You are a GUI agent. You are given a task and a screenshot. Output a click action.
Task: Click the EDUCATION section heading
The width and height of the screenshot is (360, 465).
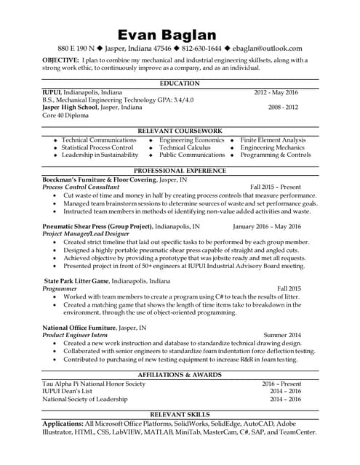[x=180, y=84]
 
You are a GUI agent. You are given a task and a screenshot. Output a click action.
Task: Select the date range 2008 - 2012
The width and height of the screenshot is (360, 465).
[x=283, y=107]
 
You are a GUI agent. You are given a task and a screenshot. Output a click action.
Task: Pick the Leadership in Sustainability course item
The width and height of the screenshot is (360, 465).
[x=100, y=155]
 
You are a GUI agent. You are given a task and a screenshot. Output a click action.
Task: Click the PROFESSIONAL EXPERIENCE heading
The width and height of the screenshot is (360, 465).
[x=180, y=170]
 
